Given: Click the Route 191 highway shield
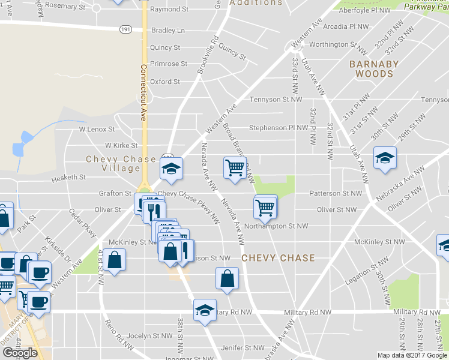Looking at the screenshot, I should click(125, 28).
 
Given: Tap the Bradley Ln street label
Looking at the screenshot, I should click(168, 31).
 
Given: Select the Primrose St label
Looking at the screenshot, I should click(168, 64).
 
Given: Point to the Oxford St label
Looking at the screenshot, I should click(164, 82).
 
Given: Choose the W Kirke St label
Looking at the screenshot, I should click(121, 145).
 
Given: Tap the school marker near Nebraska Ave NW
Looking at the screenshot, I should click(384, 158).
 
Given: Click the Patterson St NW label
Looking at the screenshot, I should click(336, 193).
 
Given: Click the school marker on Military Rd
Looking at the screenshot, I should click(205, 310).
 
